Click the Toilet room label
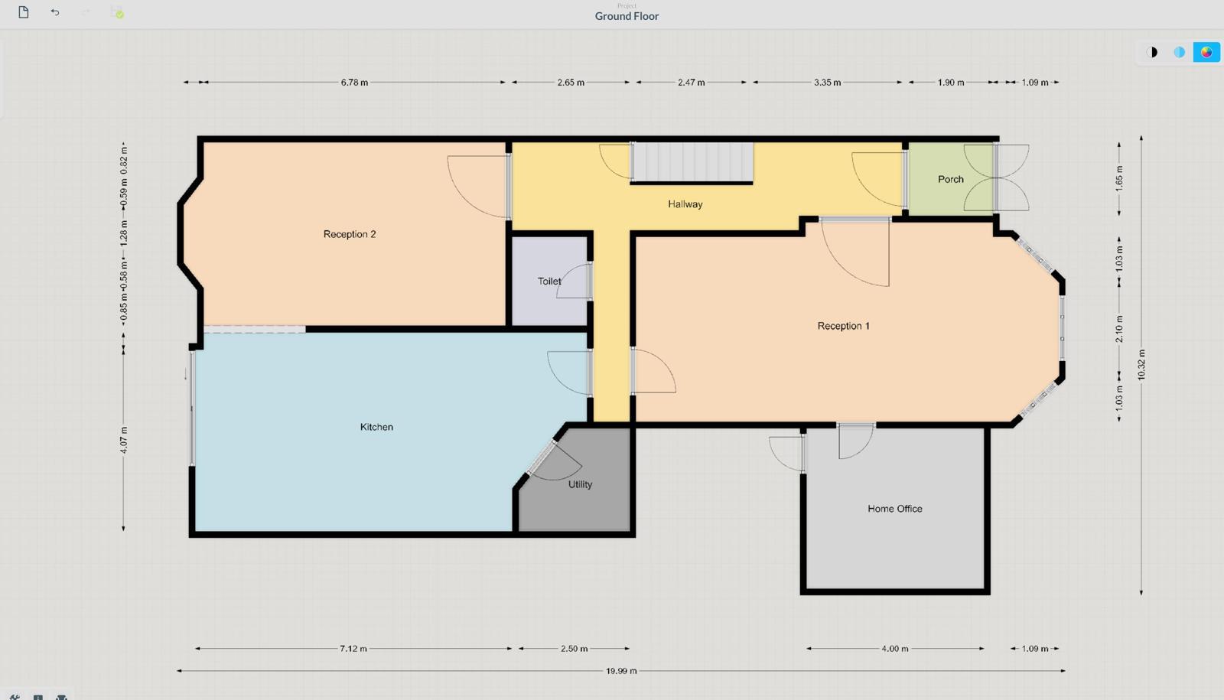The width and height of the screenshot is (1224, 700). tap(549, 282)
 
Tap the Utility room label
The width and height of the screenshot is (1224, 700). tap(580, 485)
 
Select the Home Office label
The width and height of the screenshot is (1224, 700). tap(895, 509)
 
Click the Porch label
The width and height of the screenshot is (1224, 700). tap(951, 179)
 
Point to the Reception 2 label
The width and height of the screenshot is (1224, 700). tap(350, 234)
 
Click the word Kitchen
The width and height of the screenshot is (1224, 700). tap(376, 427)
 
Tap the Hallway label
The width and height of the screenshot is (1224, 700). tap(685, 204)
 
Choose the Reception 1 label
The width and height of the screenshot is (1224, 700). tap(843, 326)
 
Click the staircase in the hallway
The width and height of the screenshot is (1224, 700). tap(692, 162)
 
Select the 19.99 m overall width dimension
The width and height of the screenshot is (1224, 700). tap(621, 671)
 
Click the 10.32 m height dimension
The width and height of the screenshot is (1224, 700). tap(1141, 365)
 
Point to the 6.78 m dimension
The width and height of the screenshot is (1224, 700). tap(354, 83)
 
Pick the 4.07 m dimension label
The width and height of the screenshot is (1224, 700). tap(124, 441)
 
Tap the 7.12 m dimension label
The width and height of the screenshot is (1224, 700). tap(353, 649)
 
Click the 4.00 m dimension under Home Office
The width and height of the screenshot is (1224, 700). tap(894, 649)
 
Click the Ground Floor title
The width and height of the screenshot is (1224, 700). tap(627, 16)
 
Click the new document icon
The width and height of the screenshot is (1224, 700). tap(24, 12)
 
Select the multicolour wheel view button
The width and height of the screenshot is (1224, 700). tap(1206, 53)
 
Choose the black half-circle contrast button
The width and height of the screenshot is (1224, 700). tap(1152, 53)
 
